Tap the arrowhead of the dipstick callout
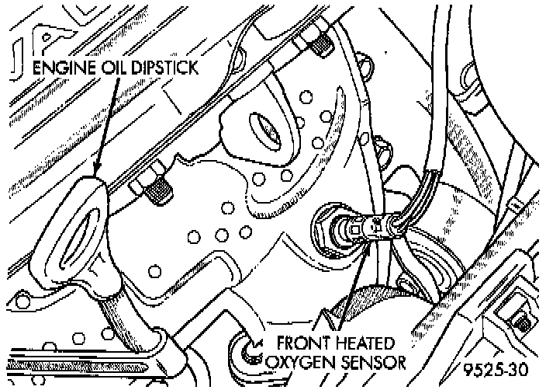point(97,174)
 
